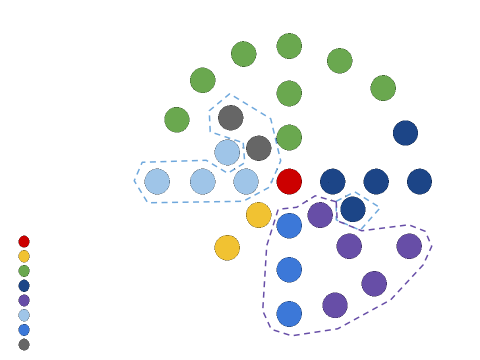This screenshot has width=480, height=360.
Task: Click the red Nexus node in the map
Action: [289, 181]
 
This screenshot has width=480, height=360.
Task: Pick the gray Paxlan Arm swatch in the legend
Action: [24, 345]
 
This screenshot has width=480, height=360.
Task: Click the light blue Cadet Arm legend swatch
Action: [24, 316]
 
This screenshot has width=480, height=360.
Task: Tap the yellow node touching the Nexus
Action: [258, 215]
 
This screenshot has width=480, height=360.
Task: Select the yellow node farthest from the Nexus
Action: [227, 247]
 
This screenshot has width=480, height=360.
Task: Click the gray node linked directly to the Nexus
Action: [258, 147]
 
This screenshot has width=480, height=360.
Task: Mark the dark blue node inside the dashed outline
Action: [352, 209]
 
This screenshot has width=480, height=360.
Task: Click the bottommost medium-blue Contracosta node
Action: [289, 313]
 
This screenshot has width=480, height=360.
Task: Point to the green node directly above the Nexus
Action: [289, 137]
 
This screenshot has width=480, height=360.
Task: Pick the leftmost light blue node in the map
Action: [157, 181]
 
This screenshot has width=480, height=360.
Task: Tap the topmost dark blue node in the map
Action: [405, 132]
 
